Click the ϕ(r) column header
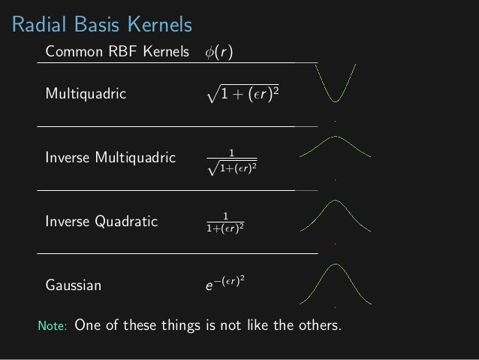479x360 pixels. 218,53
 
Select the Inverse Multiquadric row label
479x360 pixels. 110,159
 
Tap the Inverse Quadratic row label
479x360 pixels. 101,222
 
